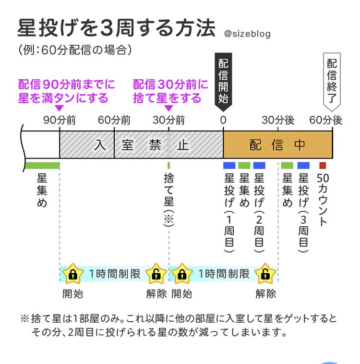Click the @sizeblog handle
[247, 34]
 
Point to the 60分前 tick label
[114, 121]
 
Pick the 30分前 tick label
[169, 121]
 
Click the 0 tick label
[223, 121]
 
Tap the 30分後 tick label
[278, 121]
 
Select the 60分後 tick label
[326, 121]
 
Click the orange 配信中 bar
[277, 145]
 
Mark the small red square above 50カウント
[323, 165]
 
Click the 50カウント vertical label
[323, 199]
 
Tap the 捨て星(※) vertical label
[169, 199]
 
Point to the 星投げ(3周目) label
[303, 211]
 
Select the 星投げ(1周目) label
[229, 211]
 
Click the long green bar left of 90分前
[42, 165]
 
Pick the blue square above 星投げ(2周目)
[259, 165]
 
